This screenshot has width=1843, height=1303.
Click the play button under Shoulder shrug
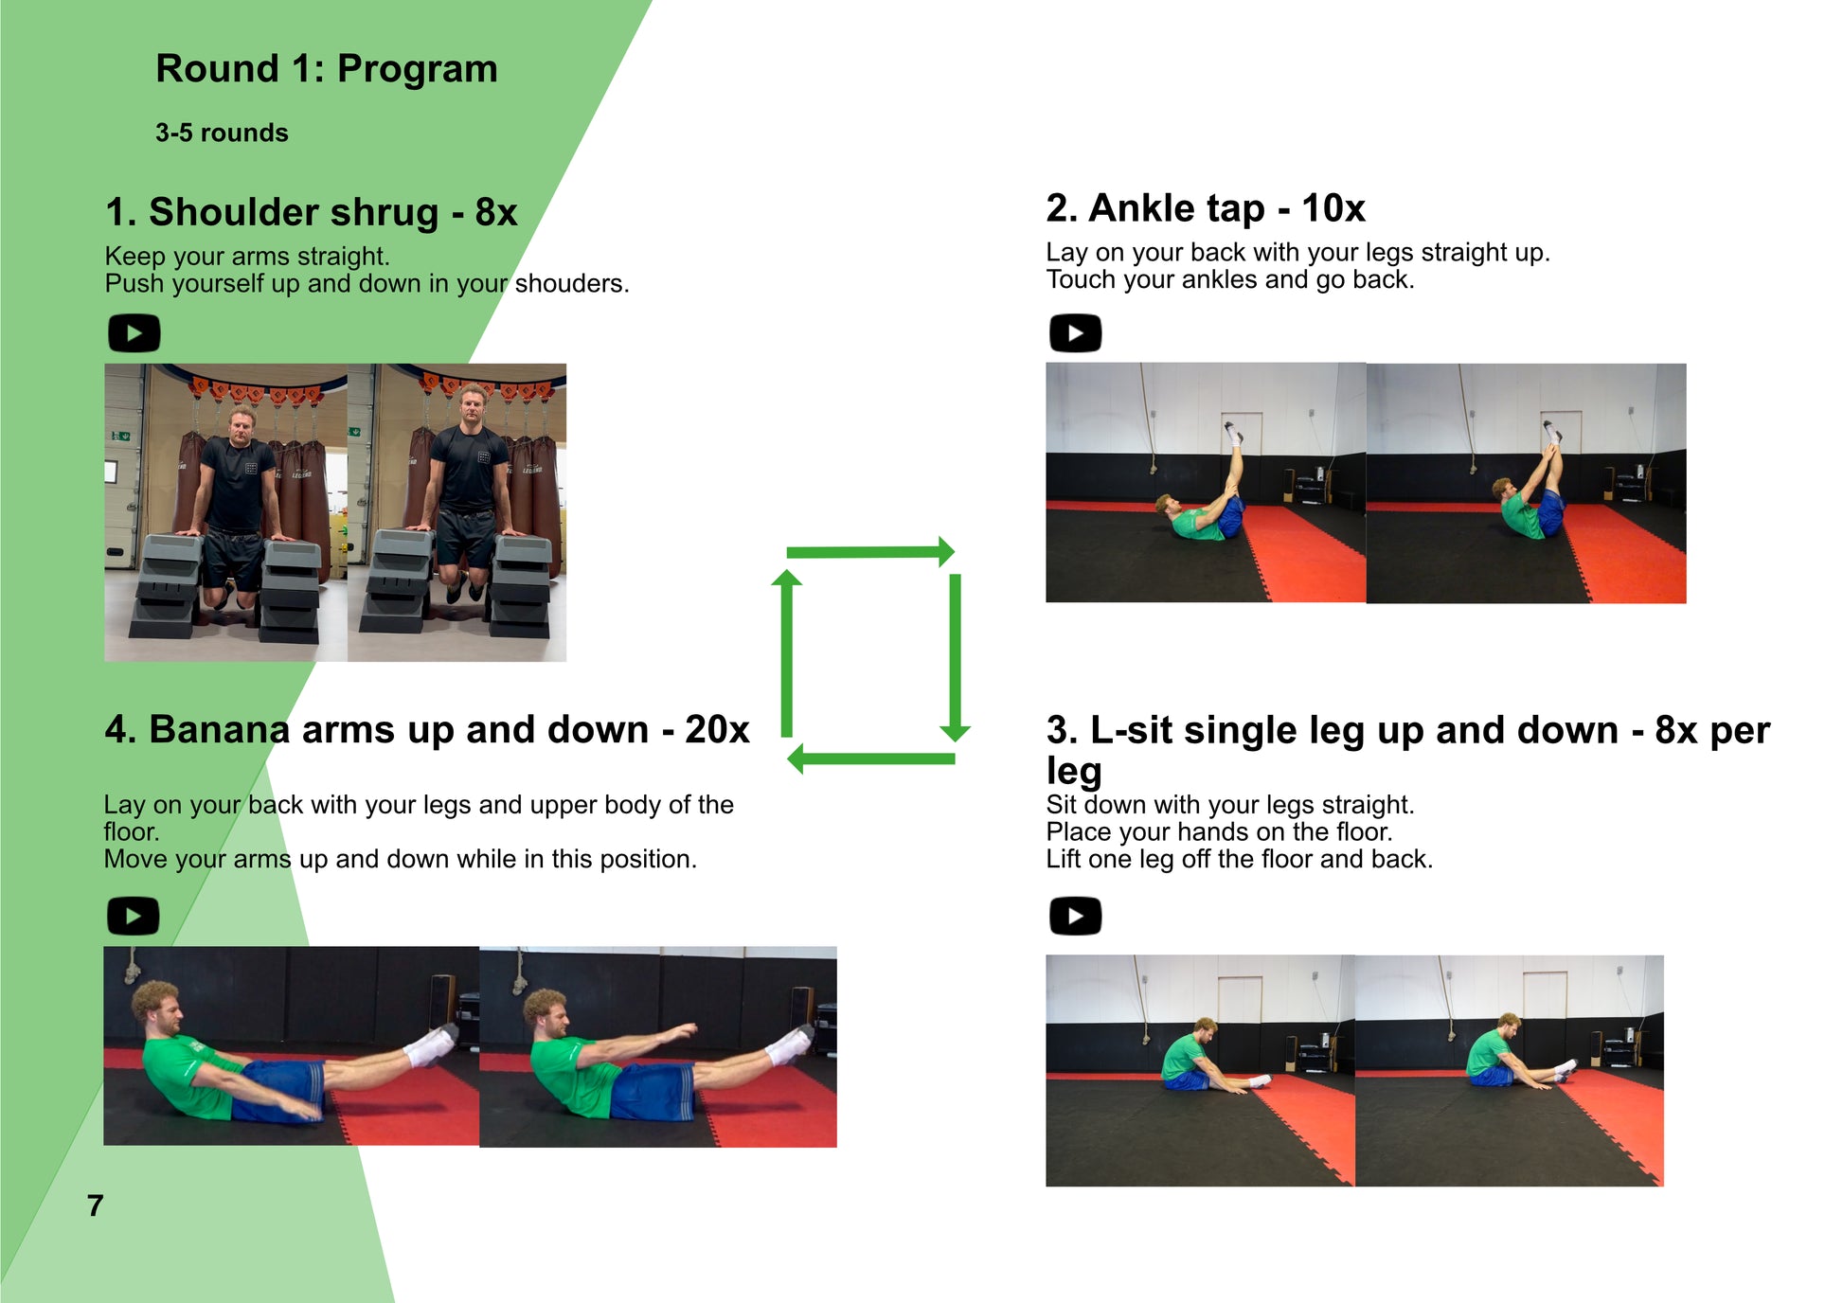tap(134, 333)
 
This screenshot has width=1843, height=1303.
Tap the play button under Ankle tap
tap(1075, 333)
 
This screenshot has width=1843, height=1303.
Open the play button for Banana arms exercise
tap(134, 916)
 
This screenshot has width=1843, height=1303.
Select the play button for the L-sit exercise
tap(1075, 916)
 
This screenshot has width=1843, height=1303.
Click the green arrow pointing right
tap(870, 551)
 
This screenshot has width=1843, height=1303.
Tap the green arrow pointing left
tap(870, 759)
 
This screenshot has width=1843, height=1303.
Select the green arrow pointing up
tap(786, 653)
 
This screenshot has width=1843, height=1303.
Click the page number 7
tap(95, 1205)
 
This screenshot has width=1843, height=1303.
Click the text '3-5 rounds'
tap(222, 133)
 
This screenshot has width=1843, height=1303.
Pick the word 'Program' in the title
tap(417, 70)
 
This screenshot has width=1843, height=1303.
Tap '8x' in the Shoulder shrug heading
tap(496, 212)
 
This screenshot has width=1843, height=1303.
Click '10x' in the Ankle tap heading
tap(1333, 208)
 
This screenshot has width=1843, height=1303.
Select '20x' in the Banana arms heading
tap(717, 729)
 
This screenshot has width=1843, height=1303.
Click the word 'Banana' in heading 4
tap(220, 729)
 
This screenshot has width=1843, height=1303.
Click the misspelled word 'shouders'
tap(571, 283)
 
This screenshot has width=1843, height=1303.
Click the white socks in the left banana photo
tap(431, 1044)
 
